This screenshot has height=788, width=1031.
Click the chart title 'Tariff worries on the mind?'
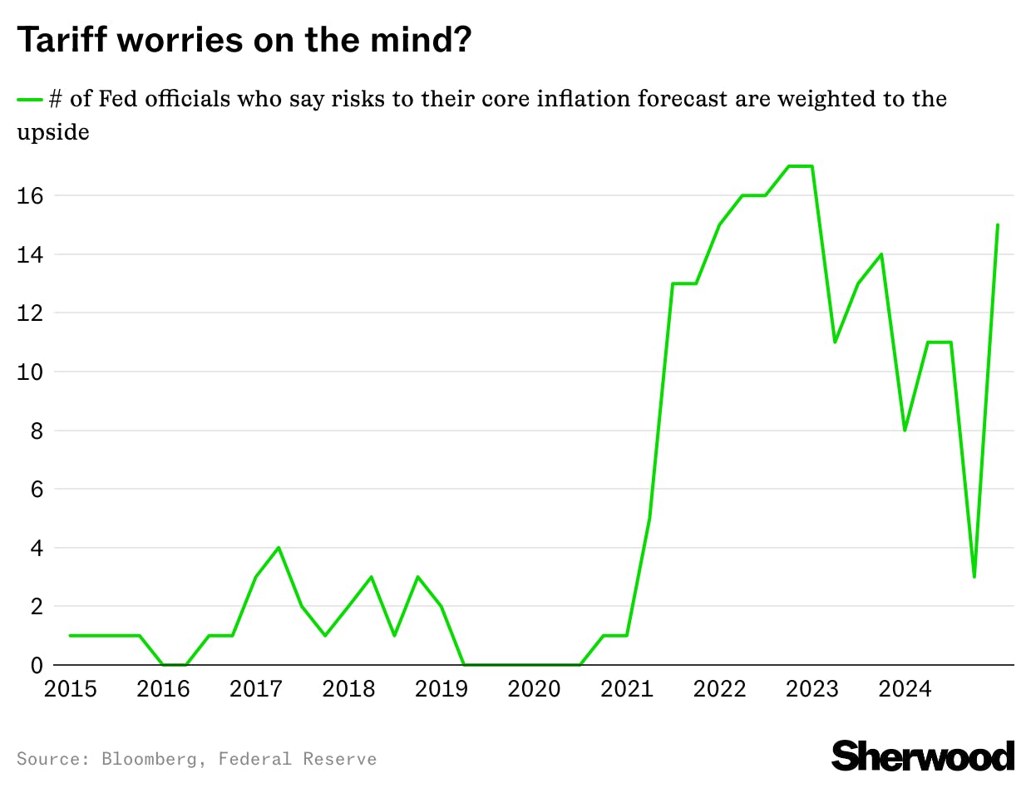pyautogui.click(x=244, y=40)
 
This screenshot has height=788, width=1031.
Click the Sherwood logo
pyautogui.click(x=922, y=756)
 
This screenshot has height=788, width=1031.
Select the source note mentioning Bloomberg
pyautogui.click(x=196, y=759)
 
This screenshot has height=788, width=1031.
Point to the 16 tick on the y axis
pyautogui.click(x=30, y=196)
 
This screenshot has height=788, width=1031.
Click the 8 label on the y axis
pyautogui.click(x=36, y=431)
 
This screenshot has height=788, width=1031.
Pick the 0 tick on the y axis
pyautogui.click(x=36, y=666)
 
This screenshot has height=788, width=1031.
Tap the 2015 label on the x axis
pyautogui.click(x=70, y=690)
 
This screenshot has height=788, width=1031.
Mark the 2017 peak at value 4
pyautogui.click(x=279, y=547)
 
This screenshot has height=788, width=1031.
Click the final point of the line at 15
pyautogui.click(x=997, y=224)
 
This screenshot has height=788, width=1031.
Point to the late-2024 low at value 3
pyautogui.click(x=974, y=577)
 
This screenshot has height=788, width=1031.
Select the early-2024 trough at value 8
pyautogui.click(x=905, y=430)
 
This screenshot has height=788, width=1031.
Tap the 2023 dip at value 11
pyautogui.click(x=835, y=342)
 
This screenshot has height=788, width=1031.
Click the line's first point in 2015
pyautogui.click(x=70, y=636)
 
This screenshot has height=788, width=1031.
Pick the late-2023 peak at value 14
pyautogui.click(x=881, y=254)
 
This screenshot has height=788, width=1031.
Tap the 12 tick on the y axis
pyautogui.click(x=30, y=313)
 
